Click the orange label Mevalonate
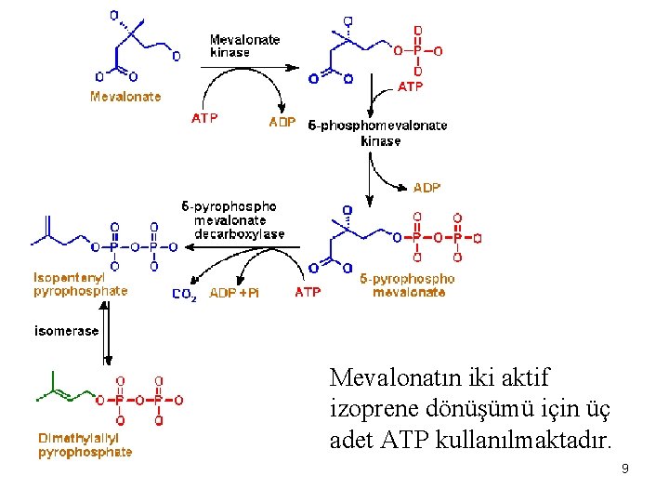[125, 96]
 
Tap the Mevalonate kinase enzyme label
[244, 46]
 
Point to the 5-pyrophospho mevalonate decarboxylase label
[233, 220]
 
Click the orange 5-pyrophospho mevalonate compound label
[407, 284]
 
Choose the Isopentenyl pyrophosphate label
[80, 284]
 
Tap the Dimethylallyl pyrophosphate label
[85, 444]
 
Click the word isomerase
[66, 330]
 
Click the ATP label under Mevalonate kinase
[204, 119]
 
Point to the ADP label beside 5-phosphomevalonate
[282, 122]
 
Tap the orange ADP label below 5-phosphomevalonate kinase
[426, 188]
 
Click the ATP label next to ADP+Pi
[308, 292]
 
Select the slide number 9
[625, 469]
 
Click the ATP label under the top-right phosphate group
[410, 86]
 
